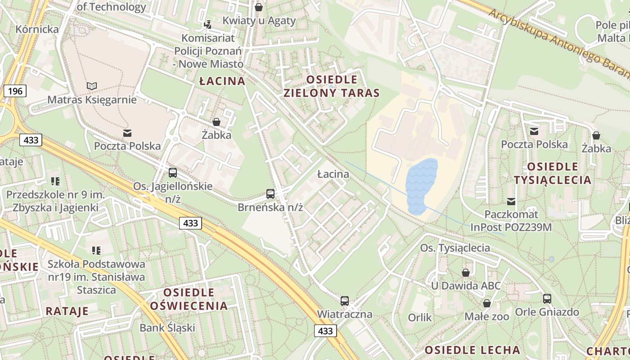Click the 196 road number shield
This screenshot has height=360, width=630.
tap(15, 91)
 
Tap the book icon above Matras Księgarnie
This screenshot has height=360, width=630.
tap(92, 86)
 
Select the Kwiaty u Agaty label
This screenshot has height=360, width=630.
tap(259, 20)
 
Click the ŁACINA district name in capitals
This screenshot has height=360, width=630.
tap(222, 81)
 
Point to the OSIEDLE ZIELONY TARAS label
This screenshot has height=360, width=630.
tap(332, 86)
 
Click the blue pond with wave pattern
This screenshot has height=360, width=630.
tap(421, 186)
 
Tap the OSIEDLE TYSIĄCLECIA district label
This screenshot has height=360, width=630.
tap(553, 173)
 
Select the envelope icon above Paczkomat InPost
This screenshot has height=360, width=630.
tap(511, 201)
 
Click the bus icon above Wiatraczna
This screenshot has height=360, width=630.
tap(345, 301)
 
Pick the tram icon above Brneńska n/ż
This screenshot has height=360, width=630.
tap(270, 194)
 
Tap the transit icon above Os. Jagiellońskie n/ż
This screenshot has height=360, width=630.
tap(173, 173)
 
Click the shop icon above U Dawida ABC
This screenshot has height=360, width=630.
tap(466, 273)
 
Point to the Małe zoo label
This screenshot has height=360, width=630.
tap(487, 317)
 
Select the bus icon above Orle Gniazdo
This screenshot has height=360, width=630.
tap(547, 298)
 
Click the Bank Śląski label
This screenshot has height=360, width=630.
tap(167, 328)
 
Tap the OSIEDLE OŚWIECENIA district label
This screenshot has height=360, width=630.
tap(189, 299)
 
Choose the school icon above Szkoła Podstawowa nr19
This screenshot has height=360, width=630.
tap(96, 250)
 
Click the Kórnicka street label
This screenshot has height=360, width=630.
tap(37, 30)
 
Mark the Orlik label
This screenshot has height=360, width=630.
tap(419, 318)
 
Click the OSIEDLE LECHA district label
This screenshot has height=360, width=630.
tap(472, 350)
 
